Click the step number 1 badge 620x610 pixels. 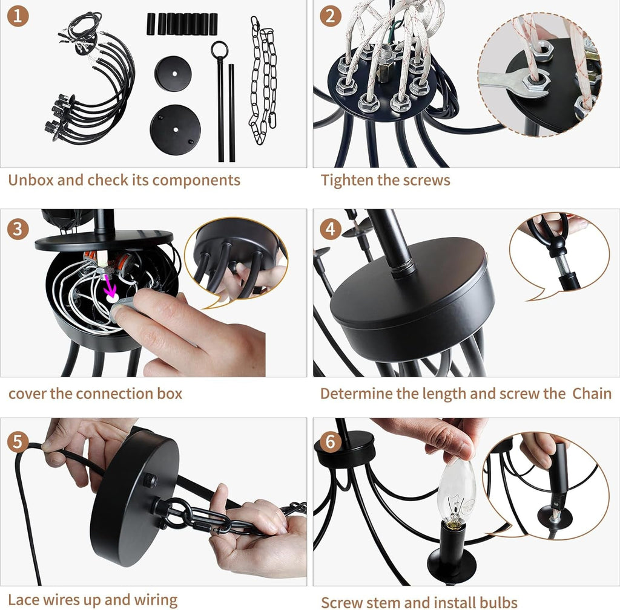tap(18, 16)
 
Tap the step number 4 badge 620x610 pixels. tap(331, 229)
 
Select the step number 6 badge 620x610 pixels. tap(331, 441)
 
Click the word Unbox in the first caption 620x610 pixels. tap(31, 180)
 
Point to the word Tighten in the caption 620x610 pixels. tap(347, 180)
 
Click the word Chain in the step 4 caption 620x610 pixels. tap(592, 394)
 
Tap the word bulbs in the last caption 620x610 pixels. tap(498, 603)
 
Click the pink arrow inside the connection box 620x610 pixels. tap(109, 288)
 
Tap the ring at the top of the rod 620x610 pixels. tap(219, 50)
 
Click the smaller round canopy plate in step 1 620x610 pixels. tap(173, 74)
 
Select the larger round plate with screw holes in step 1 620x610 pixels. tap(175, 130)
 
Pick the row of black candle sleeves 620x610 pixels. tap(182, 24)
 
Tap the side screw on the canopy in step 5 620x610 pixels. tap(150, 480)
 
